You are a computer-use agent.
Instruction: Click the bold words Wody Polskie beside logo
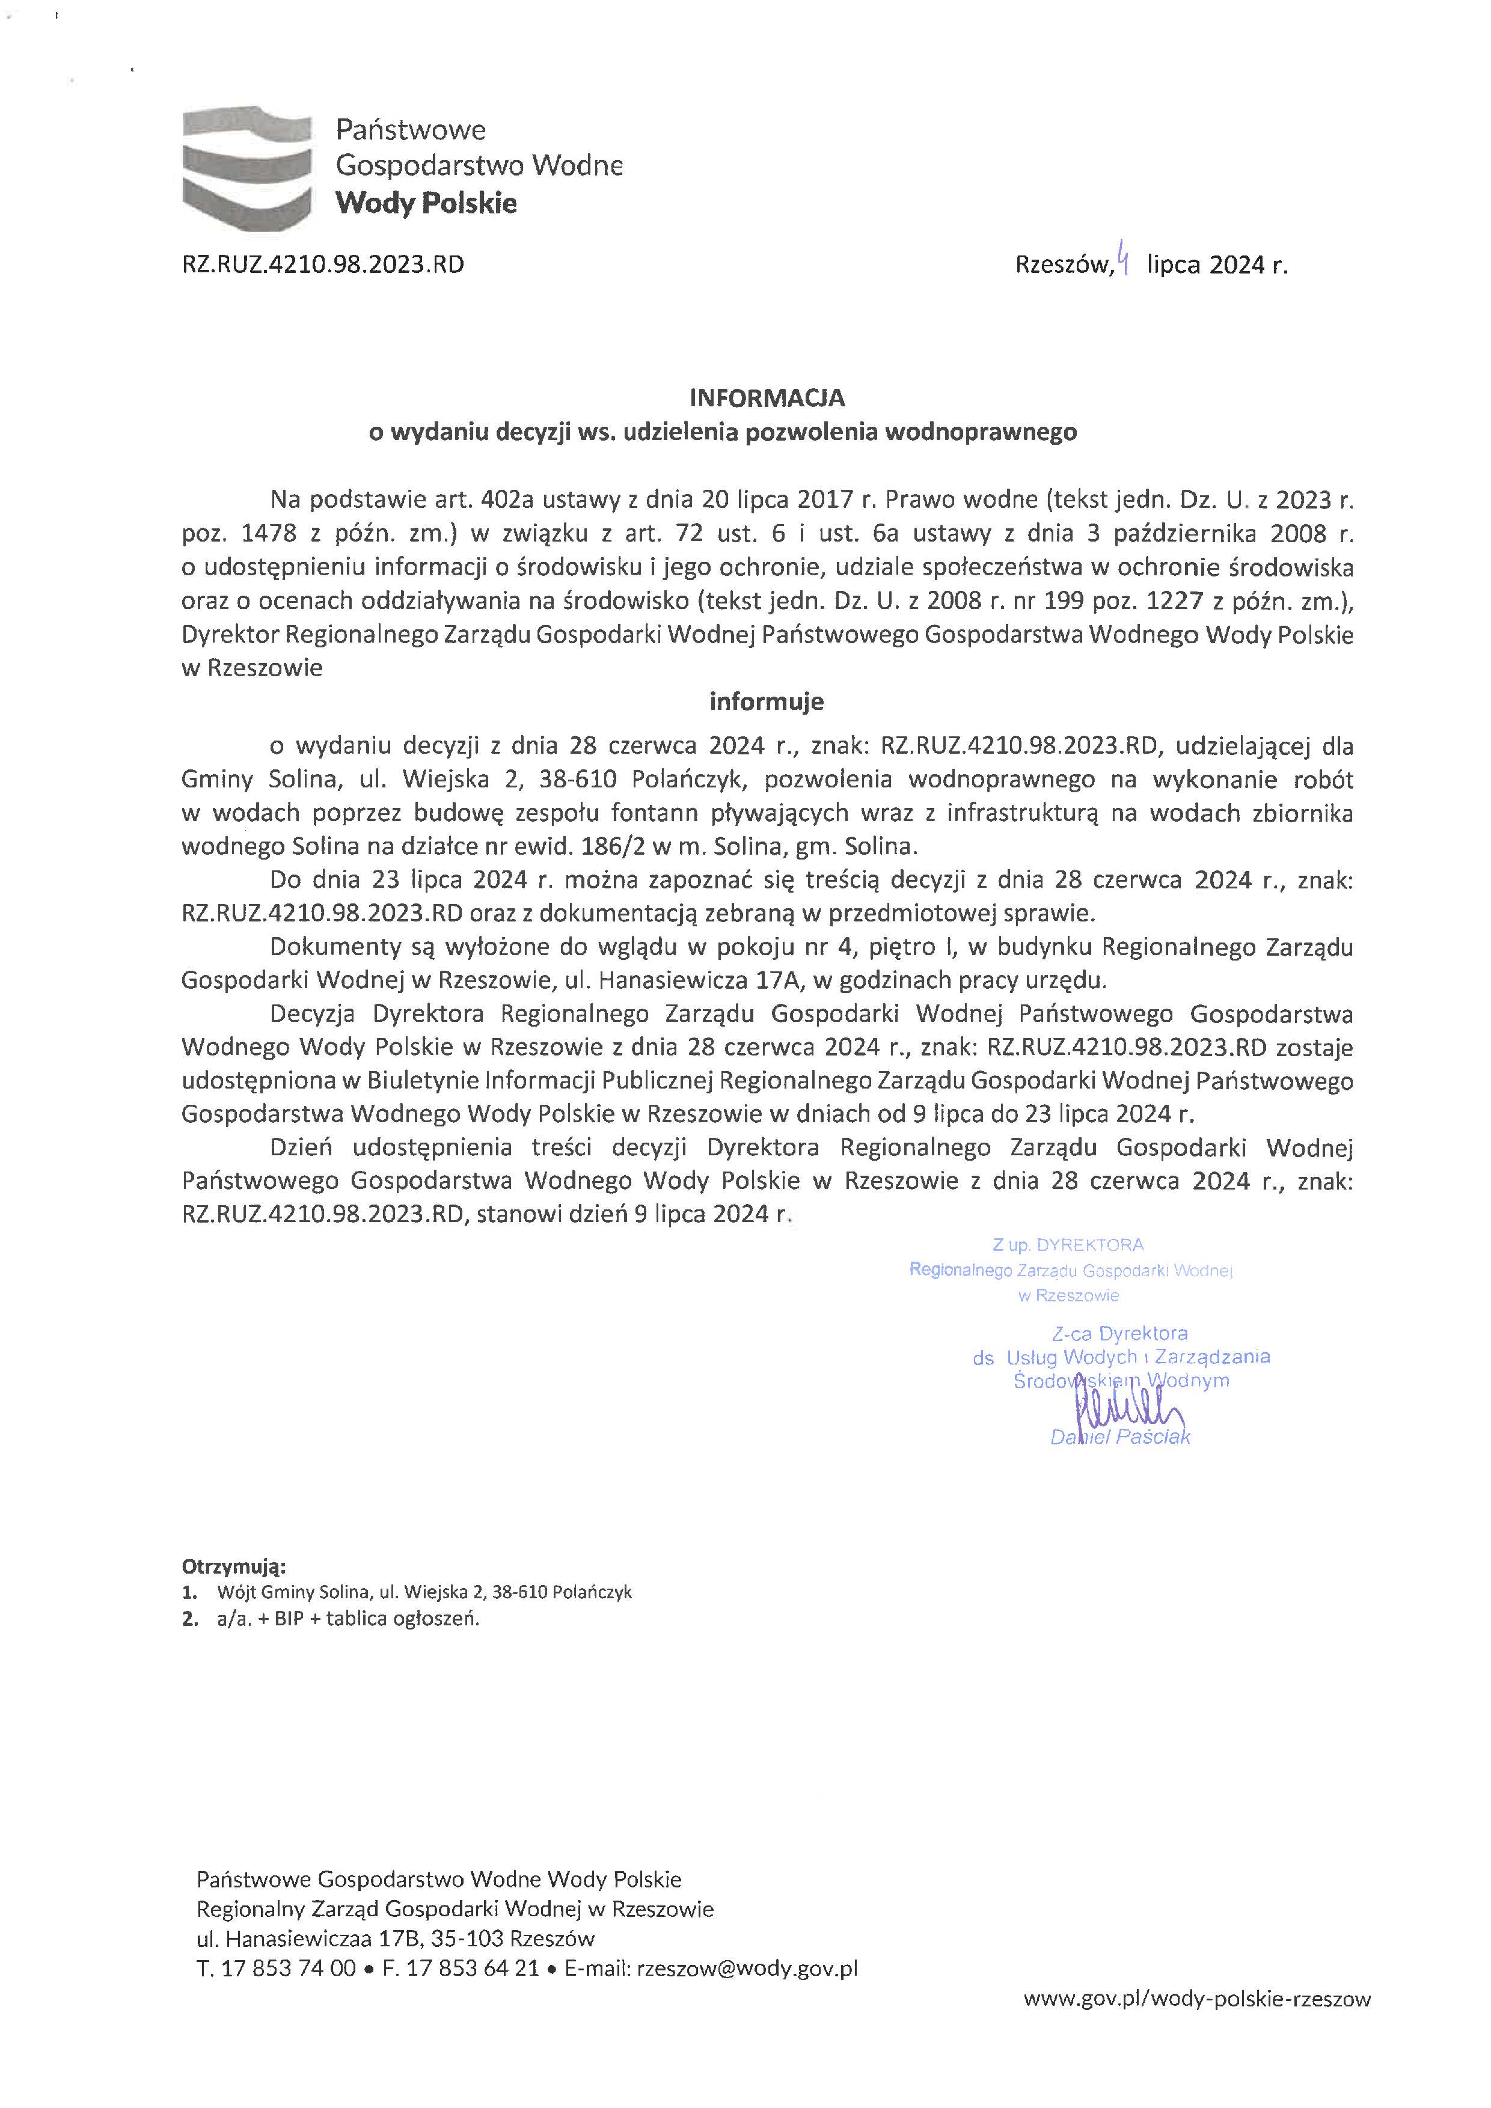(426, 203)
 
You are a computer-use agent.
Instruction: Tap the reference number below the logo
(323, 265)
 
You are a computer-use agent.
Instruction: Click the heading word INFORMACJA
(768, 397)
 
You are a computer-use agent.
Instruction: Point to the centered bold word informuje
(767, 701)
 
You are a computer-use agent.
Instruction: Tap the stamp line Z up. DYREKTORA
(1068, 1245)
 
